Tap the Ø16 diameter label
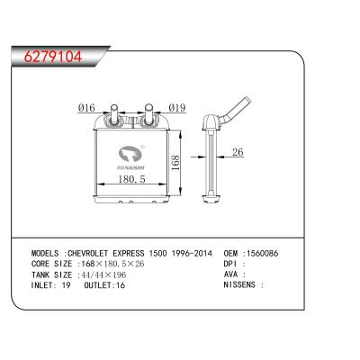pyautogui.click(x=86, y=109)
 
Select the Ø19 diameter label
pyautogui.click(x=175, y=109)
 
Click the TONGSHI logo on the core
pyautogui.click(x=132, y=157)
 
